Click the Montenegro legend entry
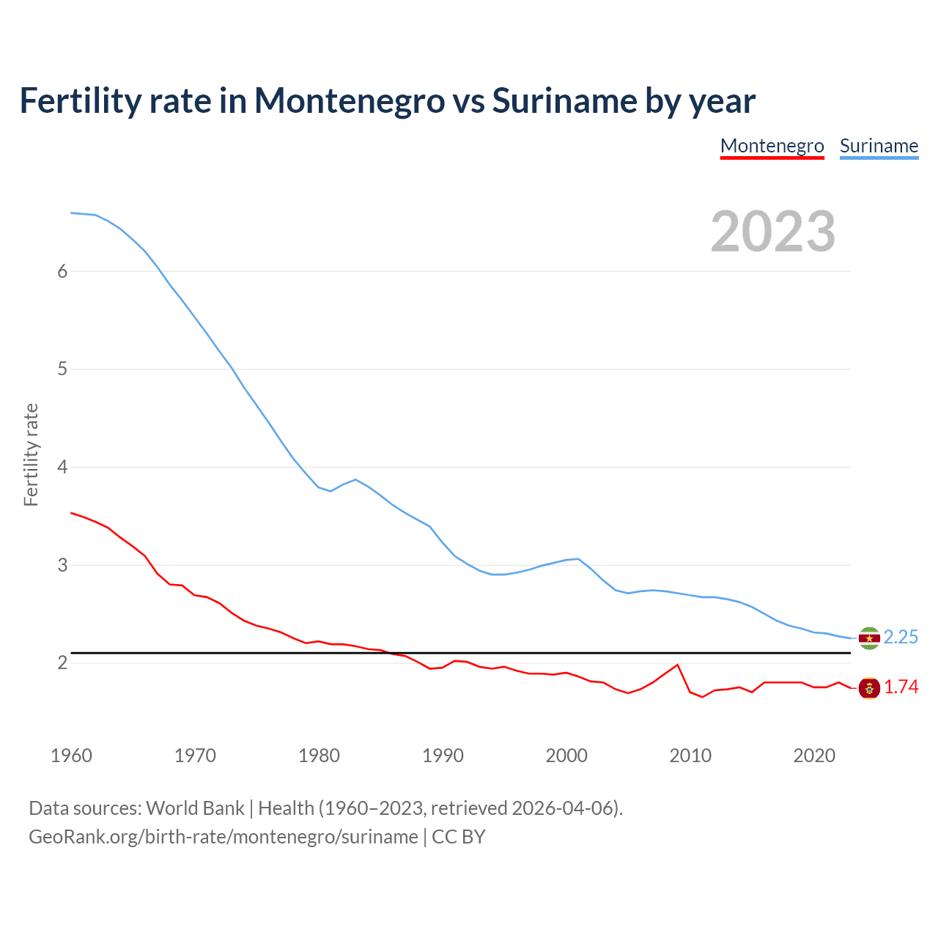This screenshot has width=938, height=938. [772, 146]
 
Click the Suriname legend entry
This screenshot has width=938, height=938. [879, 146]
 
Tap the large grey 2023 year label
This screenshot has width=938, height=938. [773, 232]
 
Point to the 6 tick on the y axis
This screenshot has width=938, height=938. [62, 271]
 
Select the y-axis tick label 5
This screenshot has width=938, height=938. [62, 369]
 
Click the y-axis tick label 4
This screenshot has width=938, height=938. [62, 467]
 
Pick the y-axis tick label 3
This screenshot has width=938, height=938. [62, 565]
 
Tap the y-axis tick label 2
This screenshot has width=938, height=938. [62, 663]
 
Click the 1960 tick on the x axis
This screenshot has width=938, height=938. [71, 756]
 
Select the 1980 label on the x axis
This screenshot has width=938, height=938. [319, 756]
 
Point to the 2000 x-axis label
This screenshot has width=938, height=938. [566, 756]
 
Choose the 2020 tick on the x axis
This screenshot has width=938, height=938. [814, 756]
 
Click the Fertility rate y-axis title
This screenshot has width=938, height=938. [31, 454]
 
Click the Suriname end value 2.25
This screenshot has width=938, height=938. [901, 638]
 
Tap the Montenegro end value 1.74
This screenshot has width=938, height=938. [901, 687]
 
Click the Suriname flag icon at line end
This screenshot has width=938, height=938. [869, 638]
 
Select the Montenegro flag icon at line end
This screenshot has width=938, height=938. [869, 688]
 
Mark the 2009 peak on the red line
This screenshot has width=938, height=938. [677, 665]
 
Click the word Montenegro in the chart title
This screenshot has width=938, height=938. [350, 100]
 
